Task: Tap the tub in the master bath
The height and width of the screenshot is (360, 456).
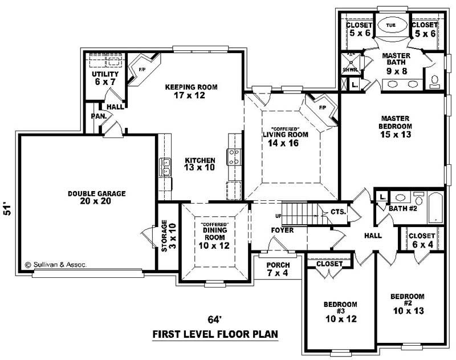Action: [x=390, y=26]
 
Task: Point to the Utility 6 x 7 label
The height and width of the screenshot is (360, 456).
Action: [x=105, y=78]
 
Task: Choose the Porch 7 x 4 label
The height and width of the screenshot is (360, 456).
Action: [x=278, y=269]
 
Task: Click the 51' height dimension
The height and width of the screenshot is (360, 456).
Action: [x=7, y=209]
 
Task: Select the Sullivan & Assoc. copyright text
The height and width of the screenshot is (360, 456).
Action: [x=56, y=265]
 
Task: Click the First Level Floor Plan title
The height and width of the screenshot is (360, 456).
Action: [x=215, y=334]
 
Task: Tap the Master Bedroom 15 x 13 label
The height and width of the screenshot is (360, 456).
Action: [x=396, y=126]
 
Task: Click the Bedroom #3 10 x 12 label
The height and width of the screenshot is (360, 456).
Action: [x=340, y=312]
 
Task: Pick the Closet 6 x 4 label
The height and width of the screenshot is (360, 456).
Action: [x=421, y=240]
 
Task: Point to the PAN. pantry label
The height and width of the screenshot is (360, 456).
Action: [x=95, y=116]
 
